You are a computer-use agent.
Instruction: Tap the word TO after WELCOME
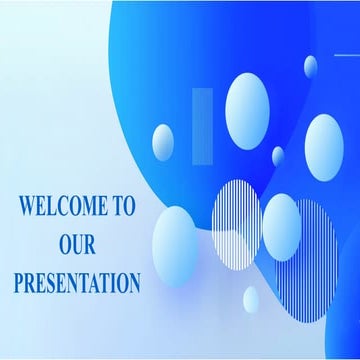pos(124,207)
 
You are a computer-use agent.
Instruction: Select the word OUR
pos(76,245)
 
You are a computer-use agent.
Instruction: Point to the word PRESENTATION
pos(77,283)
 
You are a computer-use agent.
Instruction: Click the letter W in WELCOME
pos(28,207)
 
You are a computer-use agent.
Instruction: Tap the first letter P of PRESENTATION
pos(19,283)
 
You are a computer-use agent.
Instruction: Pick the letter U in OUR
pos(76,245)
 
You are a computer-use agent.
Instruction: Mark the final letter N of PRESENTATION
pos(133,283)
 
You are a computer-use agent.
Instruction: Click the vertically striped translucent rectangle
pos(202,126)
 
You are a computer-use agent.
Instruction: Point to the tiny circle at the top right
pos(311,66)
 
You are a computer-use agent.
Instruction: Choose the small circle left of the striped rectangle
pos(162,141)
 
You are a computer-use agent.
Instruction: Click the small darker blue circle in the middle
pos(278,156)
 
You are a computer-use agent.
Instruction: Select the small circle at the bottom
pos(250,299)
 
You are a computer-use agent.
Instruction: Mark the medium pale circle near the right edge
pos(323,142)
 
